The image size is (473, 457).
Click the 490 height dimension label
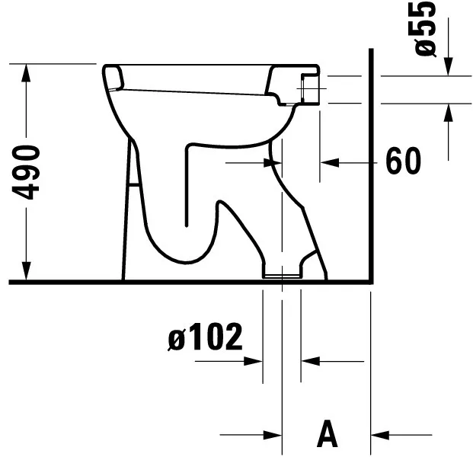pos(29,171)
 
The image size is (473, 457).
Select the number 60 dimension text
pos(403,161)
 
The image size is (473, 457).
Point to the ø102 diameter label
pos(204,337)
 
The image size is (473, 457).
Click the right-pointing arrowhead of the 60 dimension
pos(273,161)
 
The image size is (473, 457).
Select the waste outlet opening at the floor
pos(282,273)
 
